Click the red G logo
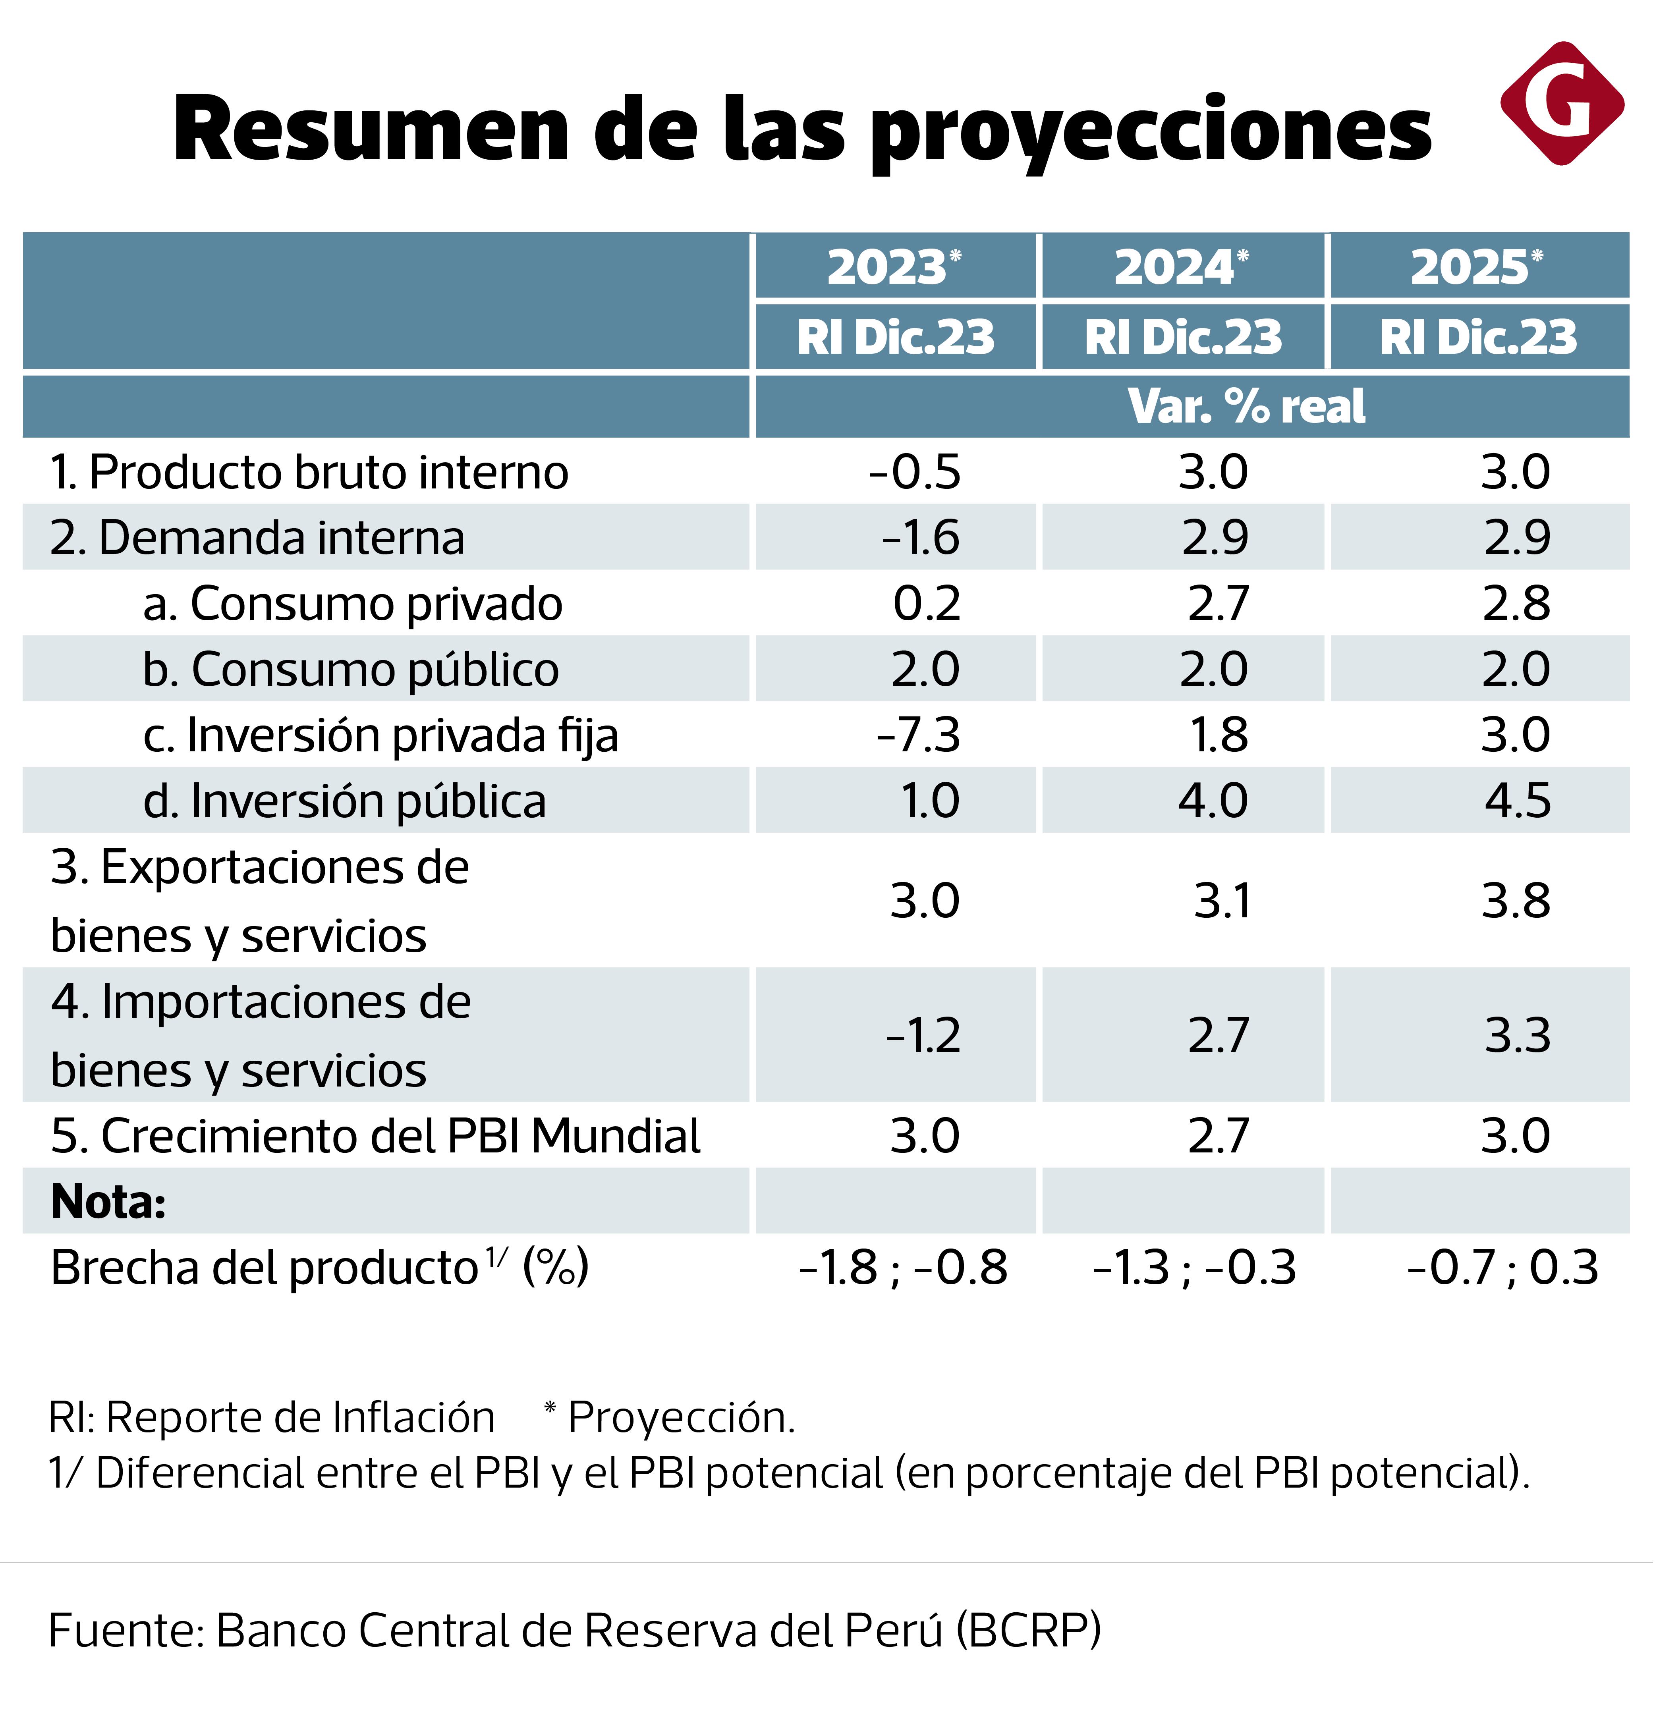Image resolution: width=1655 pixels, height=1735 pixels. click(x=1562, y=103)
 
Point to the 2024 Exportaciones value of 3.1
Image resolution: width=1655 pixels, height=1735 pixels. click(x=1222, y=901)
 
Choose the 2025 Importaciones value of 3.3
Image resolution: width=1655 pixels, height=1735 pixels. click(x=1517, y=1036)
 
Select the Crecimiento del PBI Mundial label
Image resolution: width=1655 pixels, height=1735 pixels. click(x=375, y=1136)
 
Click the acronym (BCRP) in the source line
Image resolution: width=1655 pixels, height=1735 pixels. click(x=1029, y=1630)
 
